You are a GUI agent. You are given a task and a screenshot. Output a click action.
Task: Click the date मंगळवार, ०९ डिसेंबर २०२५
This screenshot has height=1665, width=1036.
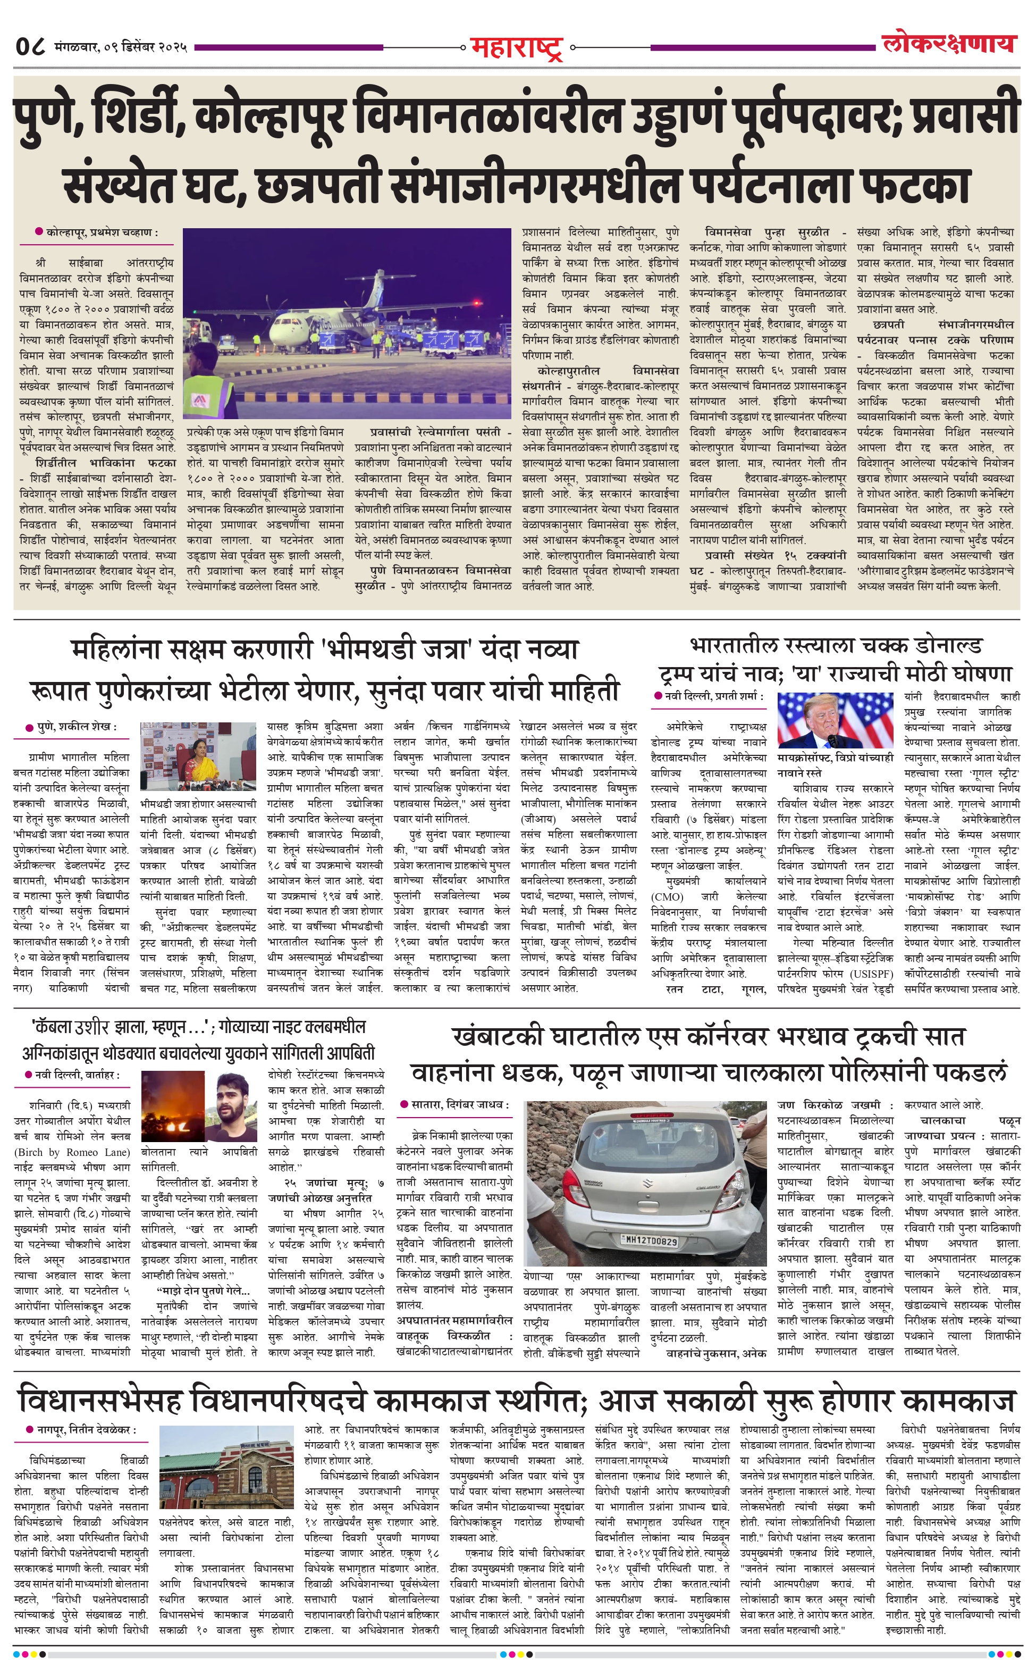(x=122, y=47)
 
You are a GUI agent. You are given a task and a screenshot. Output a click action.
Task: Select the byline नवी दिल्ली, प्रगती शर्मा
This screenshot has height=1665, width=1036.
(x=713, y=696)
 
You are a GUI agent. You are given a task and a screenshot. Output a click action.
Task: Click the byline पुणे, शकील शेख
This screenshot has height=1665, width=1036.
(x=76, y=727)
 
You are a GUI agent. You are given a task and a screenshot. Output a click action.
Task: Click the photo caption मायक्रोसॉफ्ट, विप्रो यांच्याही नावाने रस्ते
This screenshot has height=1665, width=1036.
(x=835, y=765)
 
